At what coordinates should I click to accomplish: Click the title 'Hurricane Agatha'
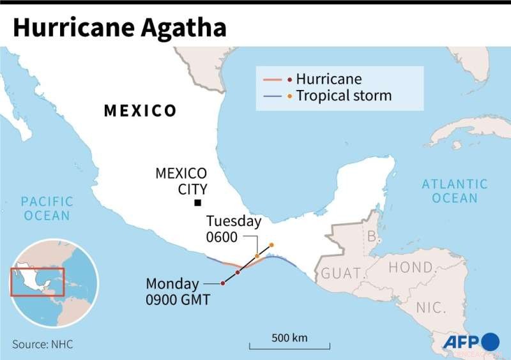tap(119, 27)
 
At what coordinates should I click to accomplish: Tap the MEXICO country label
tap(140, 111)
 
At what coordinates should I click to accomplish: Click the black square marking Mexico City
tap(198, 203)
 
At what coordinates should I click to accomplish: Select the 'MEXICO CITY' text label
tap(182, 181)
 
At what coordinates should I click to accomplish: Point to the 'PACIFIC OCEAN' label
tap(47, 209)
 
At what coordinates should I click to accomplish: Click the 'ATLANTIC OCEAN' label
tap(454, 191)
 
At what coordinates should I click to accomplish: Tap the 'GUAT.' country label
tap(341, 273)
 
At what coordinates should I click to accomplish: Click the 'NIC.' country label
tap(431, 308)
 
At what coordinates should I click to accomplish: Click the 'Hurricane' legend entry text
tap(328, 79)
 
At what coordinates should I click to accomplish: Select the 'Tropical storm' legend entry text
tap(344, 96)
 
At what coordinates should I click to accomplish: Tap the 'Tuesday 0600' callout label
tap(233, 229)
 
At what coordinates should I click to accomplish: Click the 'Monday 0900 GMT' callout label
tap(178, 291)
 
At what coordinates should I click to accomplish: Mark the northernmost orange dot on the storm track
tap(271, 245)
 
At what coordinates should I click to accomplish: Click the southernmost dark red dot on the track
tap(222, 283)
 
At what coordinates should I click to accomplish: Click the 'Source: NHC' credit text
tap(42, 344)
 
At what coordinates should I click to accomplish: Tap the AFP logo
tap(471, 341)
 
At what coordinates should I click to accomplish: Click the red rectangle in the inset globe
tap(38, 282)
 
